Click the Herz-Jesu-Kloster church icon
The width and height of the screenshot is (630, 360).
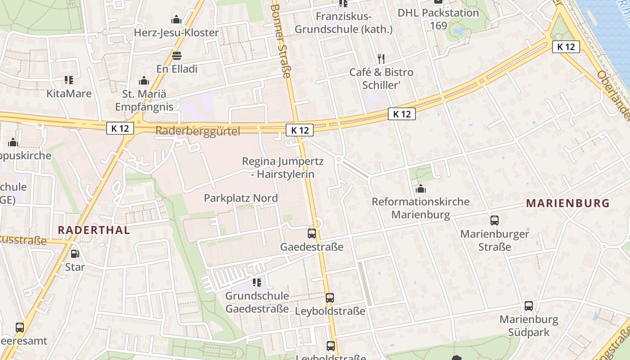point(176,19)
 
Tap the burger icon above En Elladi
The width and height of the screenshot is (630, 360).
point(177,56)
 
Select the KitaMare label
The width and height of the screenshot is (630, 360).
point(69,94)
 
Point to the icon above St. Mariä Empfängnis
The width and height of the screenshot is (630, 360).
point(144,81)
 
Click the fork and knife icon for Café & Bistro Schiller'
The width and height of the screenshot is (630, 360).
point(381,58)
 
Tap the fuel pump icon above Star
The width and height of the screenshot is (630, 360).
point(75,254)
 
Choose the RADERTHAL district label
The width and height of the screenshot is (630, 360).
point(94,230)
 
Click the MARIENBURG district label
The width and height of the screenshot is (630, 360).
point(568,203)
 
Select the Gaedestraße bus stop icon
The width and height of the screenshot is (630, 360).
point(311,234)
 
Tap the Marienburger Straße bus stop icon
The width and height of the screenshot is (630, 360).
point(494,220)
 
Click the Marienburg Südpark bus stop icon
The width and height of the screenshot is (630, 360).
point(529,306)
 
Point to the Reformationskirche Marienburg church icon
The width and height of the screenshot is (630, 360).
point(421,189)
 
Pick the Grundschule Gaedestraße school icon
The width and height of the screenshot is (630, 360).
point(257,283)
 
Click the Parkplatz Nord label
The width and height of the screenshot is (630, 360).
point(241,198)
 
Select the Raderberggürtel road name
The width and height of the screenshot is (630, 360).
point(198,131)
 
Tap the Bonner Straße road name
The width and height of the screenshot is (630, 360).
point(282,40)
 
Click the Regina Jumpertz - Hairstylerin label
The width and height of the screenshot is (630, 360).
point(283,167)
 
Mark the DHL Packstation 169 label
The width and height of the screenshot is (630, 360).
point(438,19)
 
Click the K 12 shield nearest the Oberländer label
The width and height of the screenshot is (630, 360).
point(566,46)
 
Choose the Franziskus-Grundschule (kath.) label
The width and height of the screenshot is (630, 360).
point(343,23)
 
